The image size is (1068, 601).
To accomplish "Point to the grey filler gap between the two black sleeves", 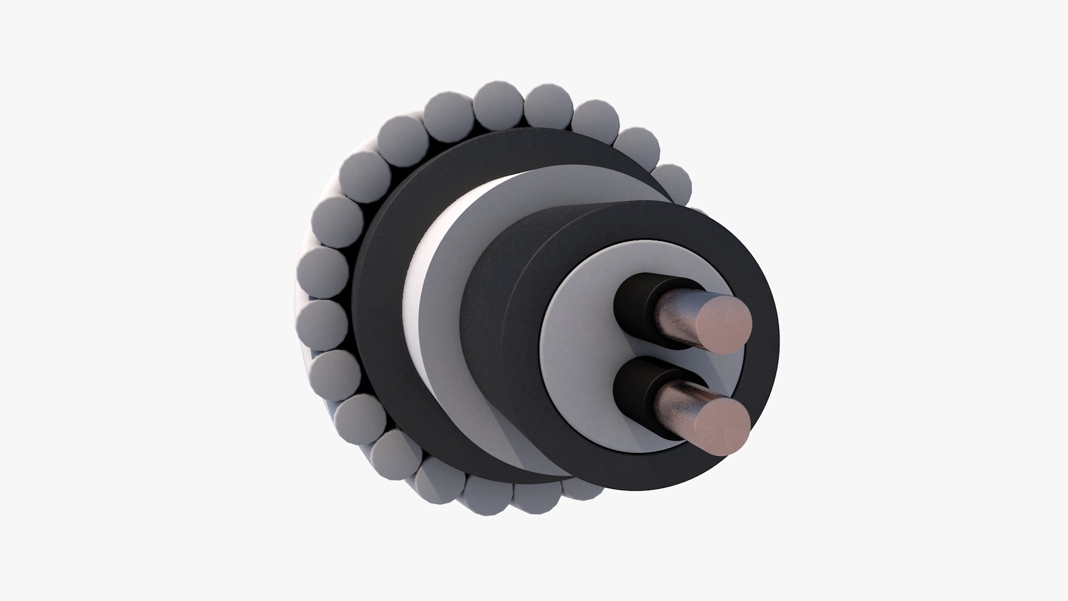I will click(x=640, y=348).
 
